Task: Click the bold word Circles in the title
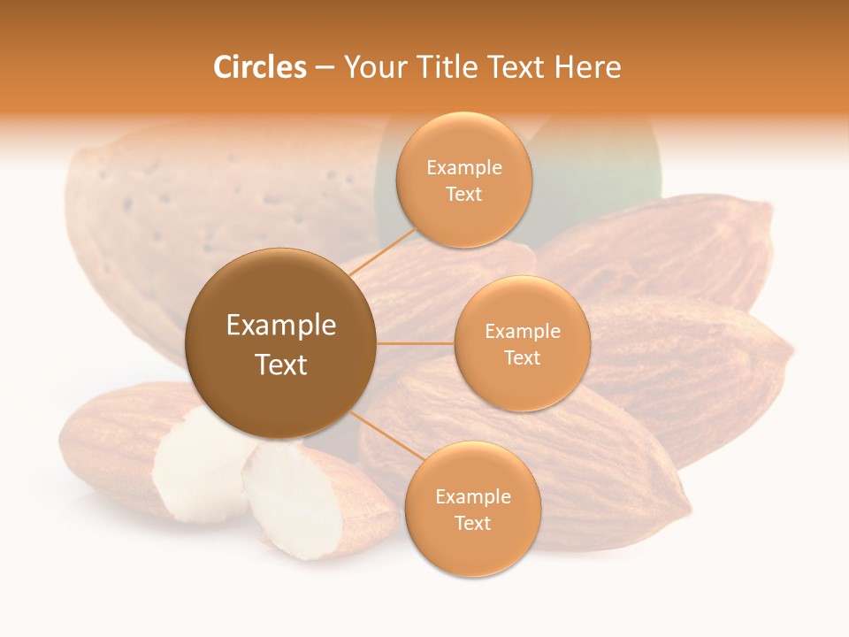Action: pos(260,67)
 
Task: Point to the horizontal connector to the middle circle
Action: pos(416,343)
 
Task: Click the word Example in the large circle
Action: pos(281,326)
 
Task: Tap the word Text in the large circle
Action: pos(281,365)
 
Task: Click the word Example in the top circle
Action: pos(464,167)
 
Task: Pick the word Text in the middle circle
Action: pos(523,357)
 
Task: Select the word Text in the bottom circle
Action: pos(472,523)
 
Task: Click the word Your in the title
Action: pos(371,67)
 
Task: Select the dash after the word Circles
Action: pos(325,68)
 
